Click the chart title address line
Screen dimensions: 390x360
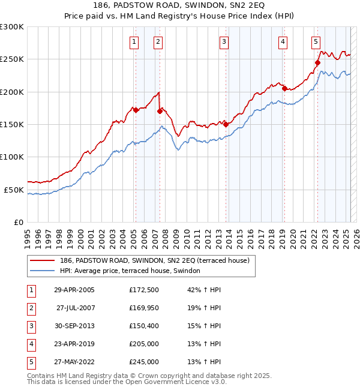pos(180,5)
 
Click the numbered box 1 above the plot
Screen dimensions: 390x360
pos(133,42)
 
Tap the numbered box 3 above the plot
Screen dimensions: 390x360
pos(223,42)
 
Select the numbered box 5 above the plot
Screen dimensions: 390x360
pos(316,42)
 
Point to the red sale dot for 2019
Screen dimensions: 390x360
pos(284,89)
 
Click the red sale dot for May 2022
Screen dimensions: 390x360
pos(317,62)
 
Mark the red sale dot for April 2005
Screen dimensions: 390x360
pos(136,110)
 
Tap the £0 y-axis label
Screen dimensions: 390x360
pos(18,222)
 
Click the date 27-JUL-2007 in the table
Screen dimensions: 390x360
pos(75,308)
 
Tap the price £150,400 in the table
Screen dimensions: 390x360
pos(144,326)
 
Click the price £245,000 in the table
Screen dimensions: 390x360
pos(144,362)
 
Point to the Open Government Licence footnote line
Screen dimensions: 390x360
pos(127,382)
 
